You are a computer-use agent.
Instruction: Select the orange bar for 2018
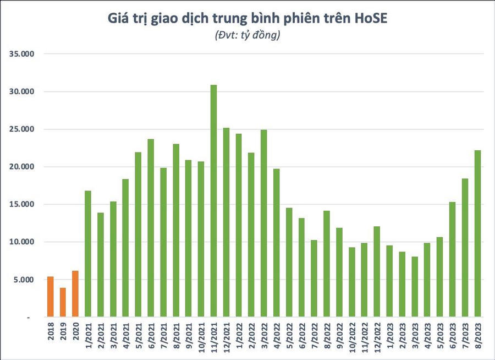pyautogui.click(x=50, y=297)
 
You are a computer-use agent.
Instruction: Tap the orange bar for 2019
pyautogui.click(x=63, y=302)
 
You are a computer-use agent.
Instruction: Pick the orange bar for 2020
pyautogui.click(x=75, y=294)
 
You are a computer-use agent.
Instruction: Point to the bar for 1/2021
pyautogui.click(x=88, y=254)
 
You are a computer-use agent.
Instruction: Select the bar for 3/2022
pyautogui.click(x=264, y=223)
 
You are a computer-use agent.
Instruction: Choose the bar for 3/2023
pyautogui.click(x=415, y=287)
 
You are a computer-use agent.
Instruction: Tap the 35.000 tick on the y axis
pyautogui.click(x=23, y=54)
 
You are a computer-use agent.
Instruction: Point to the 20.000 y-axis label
pyautogui.click(x=23, y=167)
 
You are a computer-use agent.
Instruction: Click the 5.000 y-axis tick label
pyautogui.click(x=24, y=280)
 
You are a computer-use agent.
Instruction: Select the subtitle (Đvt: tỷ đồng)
pyautogui.click(x=247, y=36)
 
